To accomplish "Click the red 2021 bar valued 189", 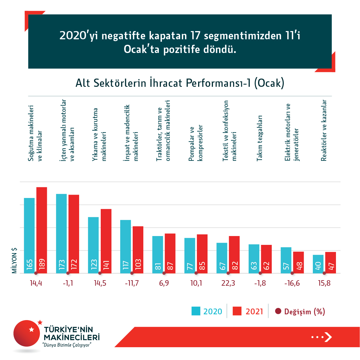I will [42, 230].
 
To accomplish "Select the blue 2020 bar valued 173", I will [61, 233].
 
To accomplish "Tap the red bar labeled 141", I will [106, 241].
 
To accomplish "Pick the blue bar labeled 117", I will [125, 246].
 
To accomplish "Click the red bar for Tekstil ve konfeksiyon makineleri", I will [234, 254].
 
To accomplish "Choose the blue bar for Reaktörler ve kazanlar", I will [318, 264].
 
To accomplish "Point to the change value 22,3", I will [228, 283].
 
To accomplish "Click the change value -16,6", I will [292, 283].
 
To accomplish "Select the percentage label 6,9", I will [164, 283].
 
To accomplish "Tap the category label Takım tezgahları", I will [259, 138].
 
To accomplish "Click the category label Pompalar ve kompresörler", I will [196, 143].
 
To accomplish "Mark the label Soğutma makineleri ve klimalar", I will [35, 133].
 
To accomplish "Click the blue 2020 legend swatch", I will [196, 311].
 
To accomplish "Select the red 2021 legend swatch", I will [237, 311].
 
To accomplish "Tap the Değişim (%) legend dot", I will [278, 311].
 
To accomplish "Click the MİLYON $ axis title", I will [14, 260].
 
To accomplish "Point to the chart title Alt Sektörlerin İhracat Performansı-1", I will [180, 83].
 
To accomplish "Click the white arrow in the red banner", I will [328, 337].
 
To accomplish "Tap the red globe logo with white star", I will [27, 333].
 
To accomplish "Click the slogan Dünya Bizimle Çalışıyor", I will [67, 345].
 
